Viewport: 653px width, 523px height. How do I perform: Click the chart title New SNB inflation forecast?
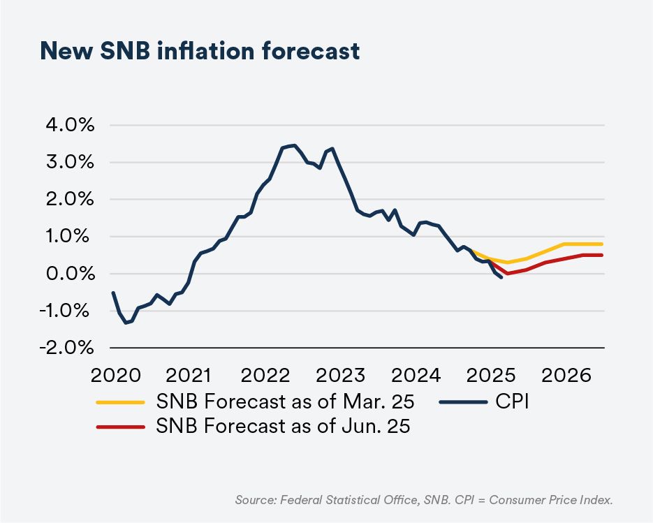(x=200, y=50)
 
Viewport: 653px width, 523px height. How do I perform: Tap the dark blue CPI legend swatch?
(x=463, y=402)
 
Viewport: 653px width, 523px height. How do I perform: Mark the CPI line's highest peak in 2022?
(x=295, y=145)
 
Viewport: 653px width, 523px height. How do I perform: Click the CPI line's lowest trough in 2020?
(x=126, y=323)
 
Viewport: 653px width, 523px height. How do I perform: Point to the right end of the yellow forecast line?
(x=602, y=244)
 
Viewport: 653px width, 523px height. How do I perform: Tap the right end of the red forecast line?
(x=602, y=255)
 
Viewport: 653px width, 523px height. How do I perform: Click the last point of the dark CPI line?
(x=501, y=277)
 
